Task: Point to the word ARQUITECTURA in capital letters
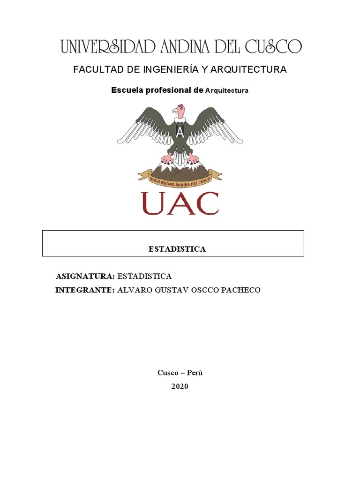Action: coord(248,69)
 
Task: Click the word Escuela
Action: coord(126,90)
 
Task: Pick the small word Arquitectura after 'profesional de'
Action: coord(227,90)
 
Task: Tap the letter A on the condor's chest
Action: coord(180,132)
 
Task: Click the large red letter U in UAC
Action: coord(155,203)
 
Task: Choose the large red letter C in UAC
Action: coord(204,203)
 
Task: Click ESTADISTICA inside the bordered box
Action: coord(177,249)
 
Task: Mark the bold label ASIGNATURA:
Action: coord(85,276)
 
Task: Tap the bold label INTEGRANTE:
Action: coord(85,290)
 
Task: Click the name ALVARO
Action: coord(133,290)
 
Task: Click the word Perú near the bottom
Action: coord(195,373)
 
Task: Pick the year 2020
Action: coord(180,387)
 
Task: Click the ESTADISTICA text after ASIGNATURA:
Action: coord(144,276)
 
